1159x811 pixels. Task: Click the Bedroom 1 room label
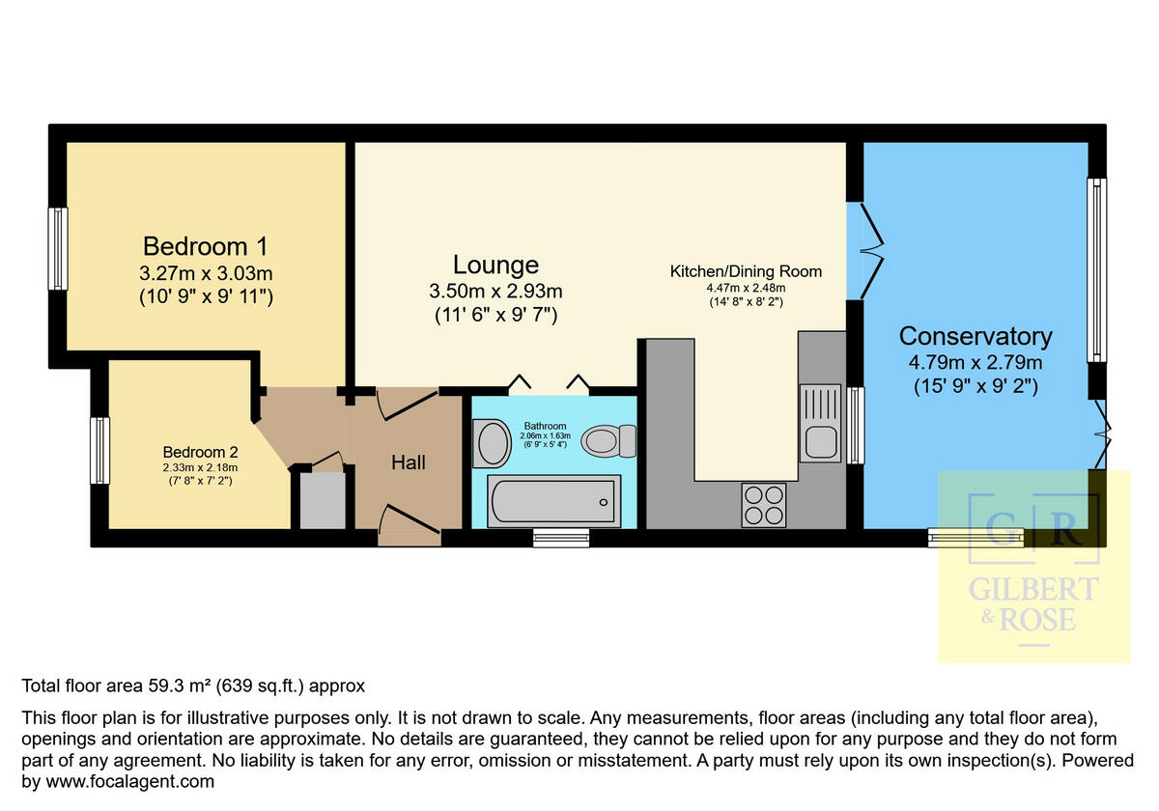pyautogui.click(x=206, y=246)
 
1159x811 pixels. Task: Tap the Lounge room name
pyautogui.click(x=495, y=265)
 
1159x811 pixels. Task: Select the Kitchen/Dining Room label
pyautogui.click(x=746, y=271)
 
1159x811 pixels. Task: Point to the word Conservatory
pyautogui.click(x=975, y=337)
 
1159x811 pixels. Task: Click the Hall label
pyautogui.click(x=409, y=462)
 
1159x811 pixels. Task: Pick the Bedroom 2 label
pyautogui.click(x=200, y=452)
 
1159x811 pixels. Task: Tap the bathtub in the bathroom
pyautogui.click(x=553, y=501)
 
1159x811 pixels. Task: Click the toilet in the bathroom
pyautogui.click(x=608, y=441)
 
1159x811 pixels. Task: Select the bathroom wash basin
pyautogui.click(x=492, y=443)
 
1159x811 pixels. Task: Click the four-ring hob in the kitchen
pyautogui.click(x=763, y=505)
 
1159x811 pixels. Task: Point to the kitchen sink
pyautogui.click(x=820, y=423)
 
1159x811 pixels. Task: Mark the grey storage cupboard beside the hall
pyautogui.click(x=323, y=500)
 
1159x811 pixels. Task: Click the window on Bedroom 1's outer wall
pyautogui.click(x=58, y=249)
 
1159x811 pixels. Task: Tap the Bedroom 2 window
pyautogui.click(x=99, y=451)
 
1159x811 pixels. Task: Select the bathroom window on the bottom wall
pyautogui.click(x=561, y=538)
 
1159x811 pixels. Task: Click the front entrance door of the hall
pyautogui.click(x=410, y=525)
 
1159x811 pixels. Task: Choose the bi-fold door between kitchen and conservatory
pyautogui.click(x=865, y=251)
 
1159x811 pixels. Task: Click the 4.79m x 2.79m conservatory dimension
pyautogui.click(x=975, y=362)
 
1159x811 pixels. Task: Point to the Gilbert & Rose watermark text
pyautogui.click(x=1033, y=604)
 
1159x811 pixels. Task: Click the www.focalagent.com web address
pyautogui.click(x=129, y=781)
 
